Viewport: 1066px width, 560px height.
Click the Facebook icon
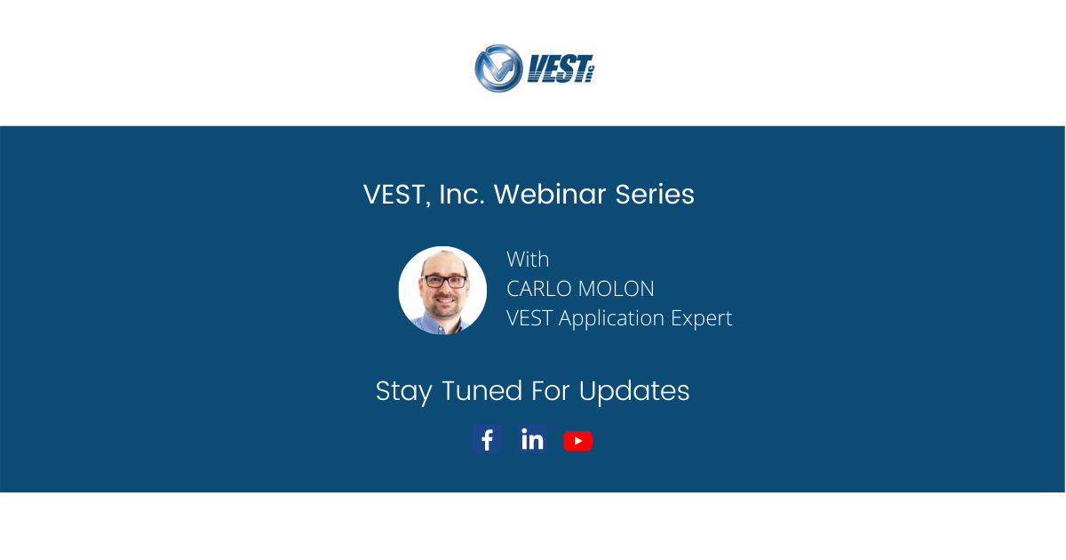click(487, 440)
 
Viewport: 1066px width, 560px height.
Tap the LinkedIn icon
click(532, 440)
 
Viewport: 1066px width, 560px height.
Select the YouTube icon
click(577, 441)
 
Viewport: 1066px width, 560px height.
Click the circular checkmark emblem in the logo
click(498, 68)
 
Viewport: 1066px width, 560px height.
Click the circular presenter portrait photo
click(442, 290)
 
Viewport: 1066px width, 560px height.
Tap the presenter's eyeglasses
click(444, 281)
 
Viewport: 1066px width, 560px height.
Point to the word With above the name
click(528, 260)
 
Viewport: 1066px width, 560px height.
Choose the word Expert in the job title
click(701, 318)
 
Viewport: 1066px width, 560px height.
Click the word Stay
click(404, 391)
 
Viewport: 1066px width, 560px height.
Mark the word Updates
click(634, 391)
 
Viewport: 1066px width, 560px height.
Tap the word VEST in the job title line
click(529, 318)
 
